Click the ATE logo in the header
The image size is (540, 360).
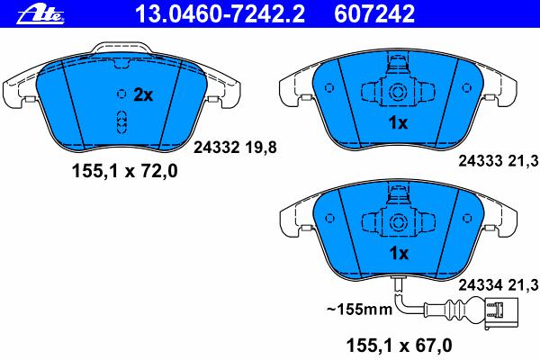(x=40, y=15)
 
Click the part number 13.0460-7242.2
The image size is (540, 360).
(x=220, y=14)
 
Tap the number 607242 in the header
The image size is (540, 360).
(x=374, y=14)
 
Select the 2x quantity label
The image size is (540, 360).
(x=143, y=94)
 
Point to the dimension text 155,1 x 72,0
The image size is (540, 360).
(x=125, y=171)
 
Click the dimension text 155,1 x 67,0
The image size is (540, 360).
(x=399, y=346)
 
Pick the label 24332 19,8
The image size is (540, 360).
(x=235, y=148)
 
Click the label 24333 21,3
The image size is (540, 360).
(x=498, y=160)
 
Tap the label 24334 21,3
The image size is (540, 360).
(x=498, y=285)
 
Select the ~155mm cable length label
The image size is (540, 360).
(x=359, y=309)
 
